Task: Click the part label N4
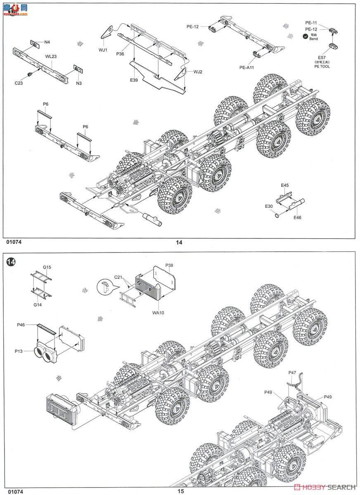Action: [47, 42]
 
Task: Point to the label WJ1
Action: [102, 50]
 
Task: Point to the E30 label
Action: [269, 206]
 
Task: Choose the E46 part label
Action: [298, 217]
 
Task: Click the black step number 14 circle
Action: [11, 263]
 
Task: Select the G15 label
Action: [47, 267]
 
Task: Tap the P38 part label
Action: [169, 265]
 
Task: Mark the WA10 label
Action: [158, 313]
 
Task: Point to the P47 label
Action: [292, 372]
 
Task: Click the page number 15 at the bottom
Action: [180, 491]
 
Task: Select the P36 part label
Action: [120, 54]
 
